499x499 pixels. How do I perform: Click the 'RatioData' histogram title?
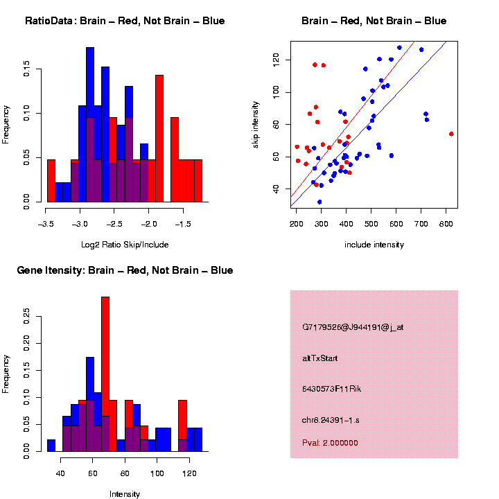pyautogui.click(x=125, y=21)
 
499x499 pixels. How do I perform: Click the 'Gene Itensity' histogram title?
pyautogui.click(x=125, y=270)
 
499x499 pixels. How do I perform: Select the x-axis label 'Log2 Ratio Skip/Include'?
pyautogui.click(x=125, y=244)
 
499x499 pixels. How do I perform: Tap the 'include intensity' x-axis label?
pyautogui.click(x=374, y=244)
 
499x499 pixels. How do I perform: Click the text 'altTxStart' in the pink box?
pyautogui.click(x=320, y=358)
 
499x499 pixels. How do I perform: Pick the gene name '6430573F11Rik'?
pyautogui.click(x=332, y=389)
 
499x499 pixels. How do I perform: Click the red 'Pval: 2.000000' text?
pyautogui.click(x=331, y=441)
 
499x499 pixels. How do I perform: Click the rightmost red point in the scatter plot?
pyautogui.click(x=451, y=134)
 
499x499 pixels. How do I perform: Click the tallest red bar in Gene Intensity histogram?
pyautogui.click(x=105, y=374)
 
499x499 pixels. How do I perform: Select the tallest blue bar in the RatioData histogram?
pyautogui.click(x=90, y=125)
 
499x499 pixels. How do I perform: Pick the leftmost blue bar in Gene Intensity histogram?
pyautogui.click(x=51, y=446)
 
